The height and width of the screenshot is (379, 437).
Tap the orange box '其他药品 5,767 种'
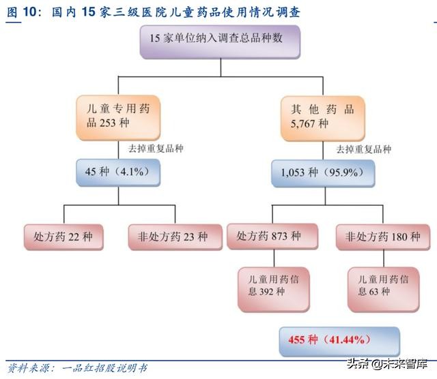[324, 115]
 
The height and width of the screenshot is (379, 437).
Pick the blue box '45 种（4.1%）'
[119, 172]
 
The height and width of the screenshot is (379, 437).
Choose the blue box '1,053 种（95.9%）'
[324, 172]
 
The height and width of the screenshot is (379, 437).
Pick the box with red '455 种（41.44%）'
[339, 339]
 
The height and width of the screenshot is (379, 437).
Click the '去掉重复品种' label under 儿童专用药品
[156, 148]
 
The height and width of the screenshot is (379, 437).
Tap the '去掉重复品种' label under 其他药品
[363, 149]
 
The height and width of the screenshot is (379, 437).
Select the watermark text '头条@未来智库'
[389, 363]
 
